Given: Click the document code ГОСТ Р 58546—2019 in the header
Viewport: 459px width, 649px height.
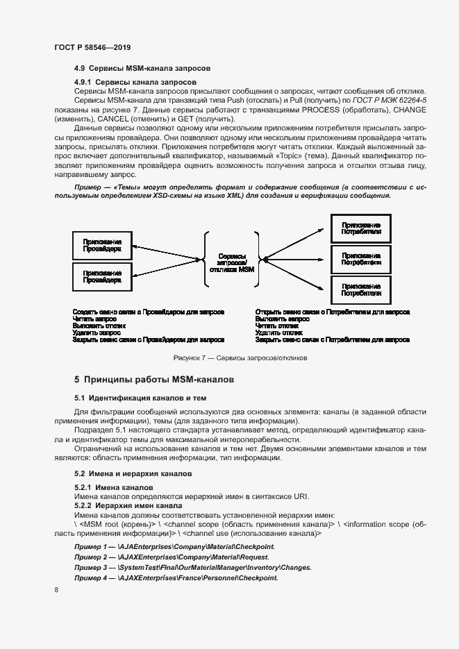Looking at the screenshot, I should click(92, 47).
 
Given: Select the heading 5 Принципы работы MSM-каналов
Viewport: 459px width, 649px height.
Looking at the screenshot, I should click(154, 380).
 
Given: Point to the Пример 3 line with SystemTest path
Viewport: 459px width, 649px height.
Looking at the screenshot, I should click(192, 567).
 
